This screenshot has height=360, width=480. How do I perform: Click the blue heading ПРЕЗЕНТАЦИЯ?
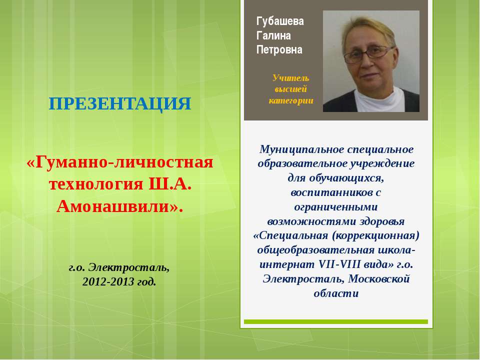120,104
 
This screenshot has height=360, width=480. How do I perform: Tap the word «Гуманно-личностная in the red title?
120,162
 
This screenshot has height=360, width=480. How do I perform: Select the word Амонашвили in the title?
116,205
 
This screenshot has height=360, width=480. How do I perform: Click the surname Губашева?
280,21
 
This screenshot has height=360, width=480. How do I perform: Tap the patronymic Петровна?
279,50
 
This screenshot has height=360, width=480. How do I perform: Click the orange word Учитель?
291,78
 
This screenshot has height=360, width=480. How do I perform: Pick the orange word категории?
291,101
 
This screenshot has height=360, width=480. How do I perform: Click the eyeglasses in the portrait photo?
369,52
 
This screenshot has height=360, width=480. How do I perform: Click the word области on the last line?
336,293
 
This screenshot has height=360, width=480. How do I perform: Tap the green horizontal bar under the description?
336,321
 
